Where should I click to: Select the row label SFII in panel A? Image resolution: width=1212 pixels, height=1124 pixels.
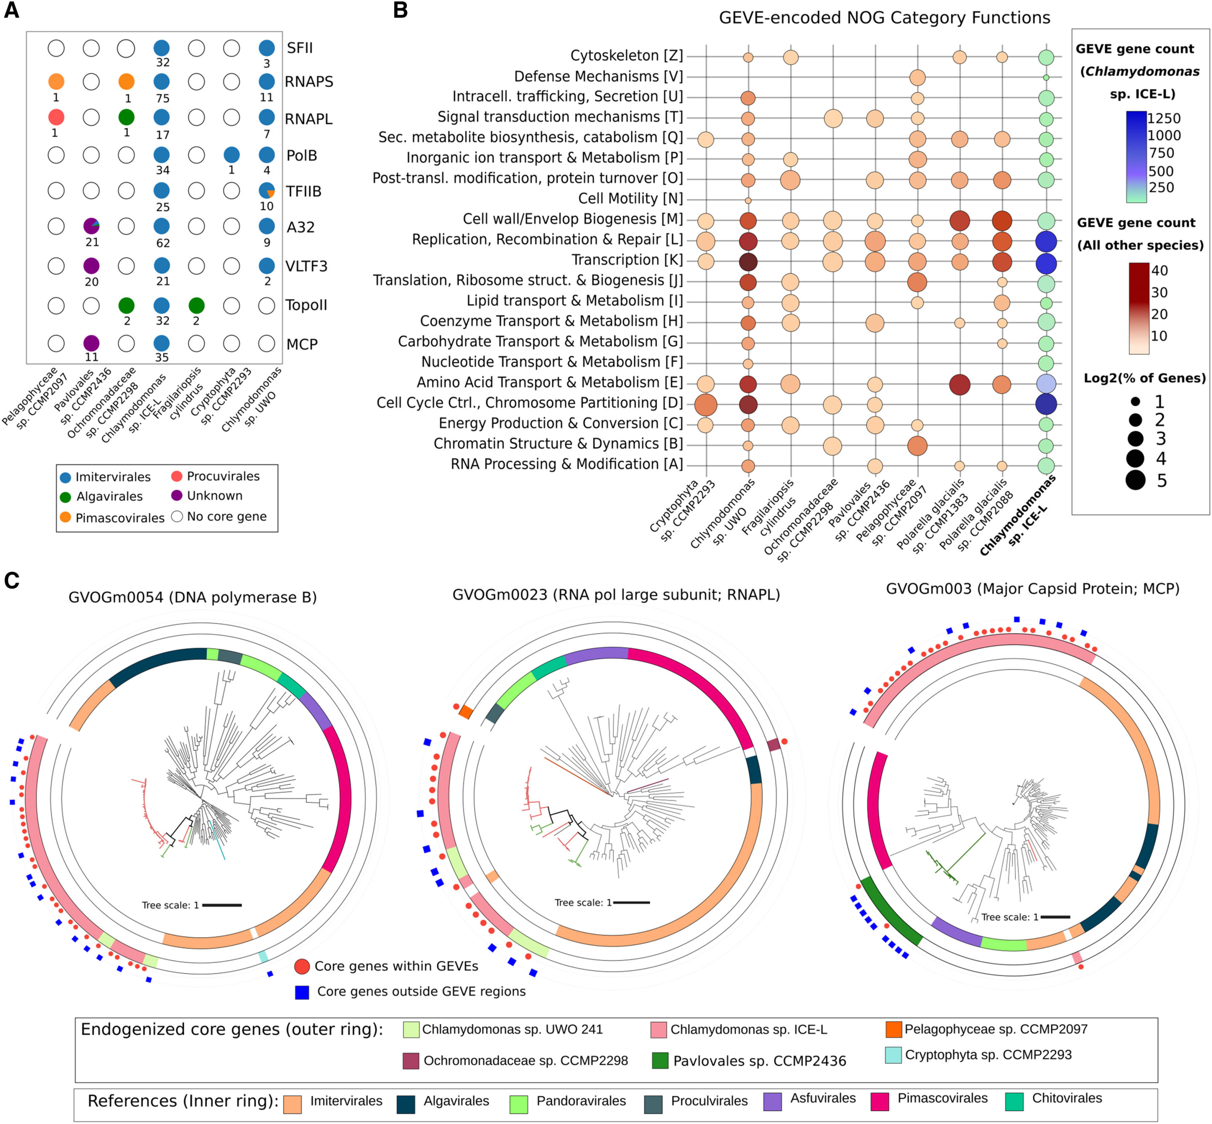pyautogui.click(x=300, y=48)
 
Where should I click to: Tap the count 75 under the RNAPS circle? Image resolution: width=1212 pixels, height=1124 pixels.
pyautogui.click(x=162, y=98)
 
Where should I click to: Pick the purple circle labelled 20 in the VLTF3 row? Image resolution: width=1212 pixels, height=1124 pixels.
pyautogui.click(x=91, y=266)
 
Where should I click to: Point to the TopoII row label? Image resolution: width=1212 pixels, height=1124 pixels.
pyautogui.click(x=306, y=305)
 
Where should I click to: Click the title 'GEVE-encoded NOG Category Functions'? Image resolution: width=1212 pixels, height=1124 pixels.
pyautogui.click(x=884, y=18)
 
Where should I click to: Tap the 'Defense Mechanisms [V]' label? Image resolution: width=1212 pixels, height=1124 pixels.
pyautogui.click(x=598, y=77)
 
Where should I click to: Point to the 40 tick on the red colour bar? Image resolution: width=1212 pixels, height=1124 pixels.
pyautogui.click(x=1159, y=271)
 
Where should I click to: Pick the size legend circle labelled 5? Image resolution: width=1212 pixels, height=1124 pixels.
pyautogui.click(x=1135, y=480)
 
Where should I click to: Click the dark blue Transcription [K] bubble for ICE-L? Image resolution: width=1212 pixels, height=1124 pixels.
pyautogui.click(x=1045, y=263)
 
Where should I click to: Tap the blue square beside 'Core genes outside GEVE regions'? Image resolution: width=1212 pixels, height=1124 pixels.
pyautogui.click(x=302, y=992)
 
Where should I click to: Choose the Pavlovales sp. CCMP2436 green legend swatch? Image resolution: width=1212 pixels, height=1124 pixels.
pyautogui.click(x=660, y=1061)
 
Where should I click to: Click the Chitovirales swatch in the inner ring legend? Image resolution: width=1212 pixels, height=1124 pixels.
pyautogui.click(x=1014, y=1102)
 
